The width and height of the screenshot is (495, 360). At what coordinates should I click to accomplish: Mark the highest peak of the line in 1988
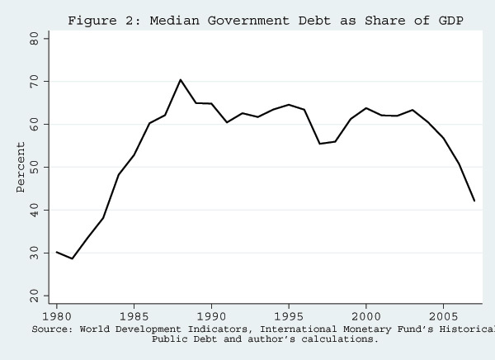tap(181, 80)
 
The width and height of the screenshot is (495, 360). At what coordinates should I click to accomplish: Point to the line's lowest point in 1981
tap(72, 258)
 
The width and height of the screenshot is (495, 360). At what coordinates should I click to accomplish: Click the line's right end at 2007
tap(474, 201)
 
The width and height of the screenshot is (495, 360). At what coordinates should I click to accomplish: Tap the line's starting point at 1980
tap(56, 252)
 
